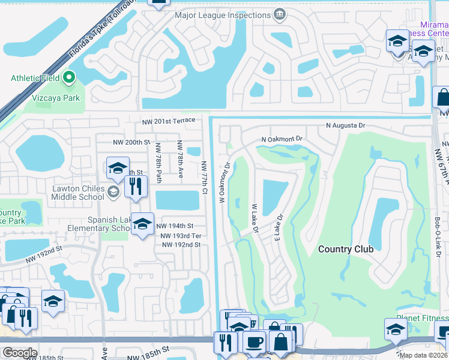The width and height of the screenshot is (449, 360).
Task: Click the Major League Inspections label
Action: pos(223,15)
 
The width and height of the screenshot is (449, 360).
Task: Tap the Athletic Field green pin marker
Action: pos(69,77)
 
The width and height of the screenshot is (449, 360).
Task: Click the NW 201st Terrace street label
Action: pos(169,121)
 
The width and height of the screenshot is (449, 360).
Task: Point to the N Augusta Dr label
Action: pos(345,126)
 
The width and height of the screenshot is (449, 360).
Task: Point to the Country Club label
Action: pos(346,249)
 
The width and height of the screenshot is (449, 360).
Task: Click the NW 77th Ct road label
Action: pos(204,177)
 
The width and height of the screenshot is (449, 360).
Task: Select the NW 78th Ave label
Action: pos(179,158)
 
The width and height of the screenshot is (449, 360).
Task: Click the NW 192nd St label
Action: pos(180,245)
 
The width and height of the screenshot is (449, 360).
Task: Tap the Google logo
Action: pos(20,352)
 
